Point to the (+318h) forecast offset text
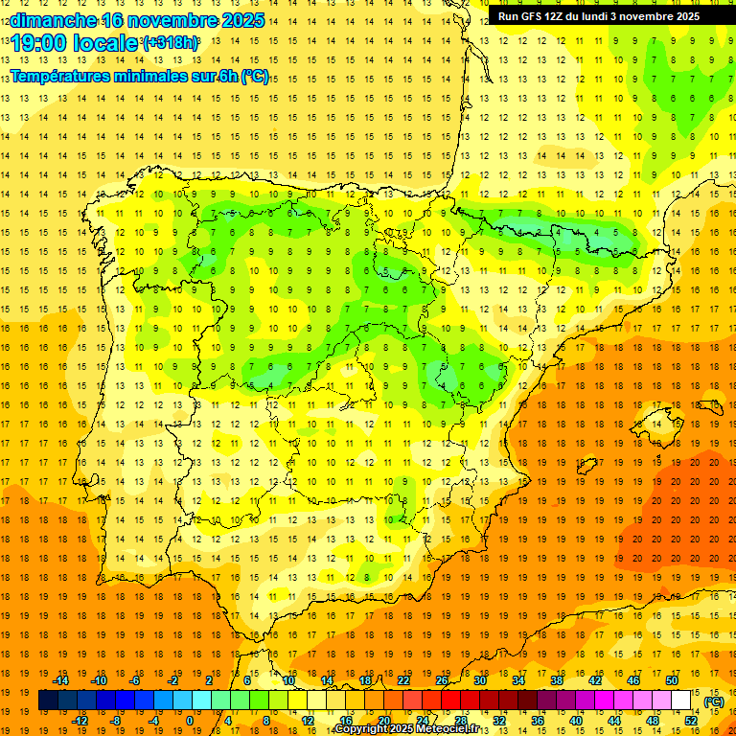[x=171, y=43]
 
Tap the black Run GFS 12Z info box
[x=599, y=16]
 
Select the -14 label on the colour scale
[x=60, y=679]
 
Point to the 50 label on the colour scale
[x=671, y=679]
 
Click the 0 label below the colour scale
[x=190, y=721]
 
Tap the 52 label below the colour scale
[x=690, y=721]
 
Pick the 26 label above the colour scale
[x=442, y=679]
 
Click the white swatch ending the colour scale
[x=680, y=701]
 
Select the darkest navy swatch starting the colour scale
[x=48, y=701]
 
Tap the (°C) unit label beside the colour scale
[x=714, y=701]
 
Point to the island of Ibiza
[x=587, y=466]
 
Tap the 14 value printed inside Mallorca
[x=657, y=424]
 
